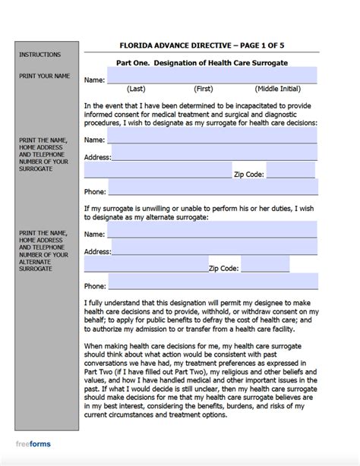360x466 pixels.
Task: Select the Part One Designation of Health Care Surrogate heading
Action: point(202,62)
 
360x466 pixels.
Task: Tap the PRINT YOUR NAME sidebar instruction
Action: point(43,76)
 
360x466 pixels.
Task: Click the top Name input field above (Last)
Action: point(212,76)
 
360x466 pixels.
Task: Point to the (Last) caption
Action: point(136,89)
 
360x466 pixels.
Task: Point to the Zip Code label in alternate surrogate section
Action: point(224,269)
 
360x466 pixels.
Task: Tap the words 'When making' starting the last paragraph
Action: point(105,345)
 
